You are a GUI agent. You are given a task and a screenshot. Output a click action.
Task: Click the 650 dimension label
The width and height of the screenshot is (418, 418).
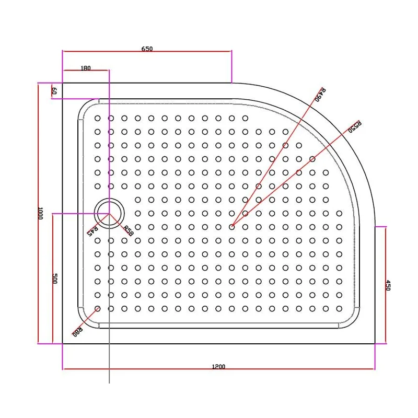point(147,49)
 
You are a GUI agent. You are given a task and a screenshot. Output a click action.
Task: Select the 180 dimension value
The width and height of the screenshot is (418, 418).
point(86,68)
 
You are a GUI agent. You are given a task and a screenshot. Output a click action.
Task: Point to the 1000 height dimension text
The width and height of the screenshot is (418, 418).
point(40,213)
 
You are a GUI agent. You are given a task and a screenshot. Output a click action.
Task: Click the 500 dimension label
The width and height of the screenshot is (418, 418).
point(54,278)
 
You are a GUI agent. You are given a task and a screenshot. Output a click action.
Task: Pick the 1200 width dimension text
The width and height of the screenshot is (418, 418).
point(218,366)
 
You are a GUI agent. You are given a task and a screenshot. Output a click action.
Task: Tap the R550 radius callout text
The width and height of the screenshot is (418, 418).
point(355,127)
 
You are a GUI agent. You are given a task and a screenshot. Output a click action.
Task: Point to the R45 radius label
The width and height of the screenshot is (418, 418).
point(92,229)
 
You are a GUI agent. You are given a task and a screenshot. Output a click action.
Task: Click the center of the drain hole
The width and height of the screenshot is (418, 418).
point(109,213)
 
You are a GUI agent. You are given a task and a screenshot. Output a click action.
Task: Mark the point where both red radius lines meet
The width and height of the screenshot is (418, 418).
point(232,226)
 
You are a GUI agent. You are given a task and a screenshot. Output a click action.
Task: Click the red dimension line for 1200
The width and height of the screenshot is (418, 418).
point(157,369)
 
